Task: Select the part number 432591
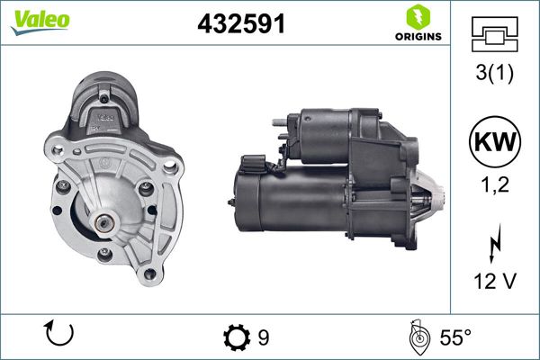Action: pyautogui.click(x=241, y=25)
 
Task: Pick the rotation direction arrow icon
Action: pyautogui.click(x=58, y=335)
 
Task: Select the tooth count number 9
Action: pyautogui.click(x=264, y=337)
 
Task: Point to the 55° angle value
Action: pyautogui.click(x=454, y=337)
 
